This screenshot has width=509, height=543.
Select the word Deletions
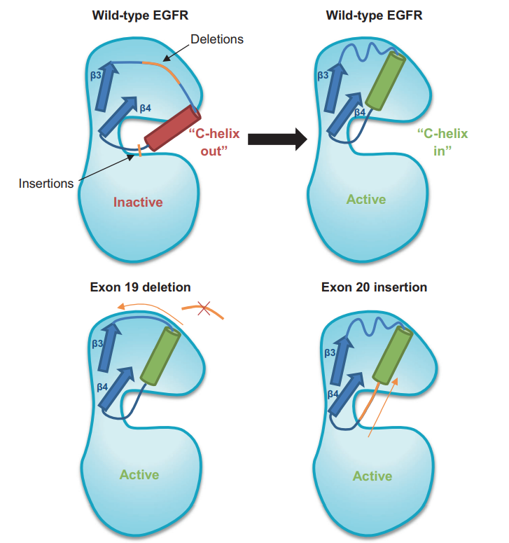tap(216, 39)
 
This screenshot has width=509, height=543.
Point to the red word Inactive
tap(138, 202)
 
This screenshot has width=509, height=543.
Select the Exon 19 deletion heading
tap(140, 287)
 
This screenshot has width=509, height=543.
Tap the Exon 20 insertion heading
tap(374, 287)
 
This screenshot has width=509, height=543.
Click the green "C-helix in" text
tap(442, 142)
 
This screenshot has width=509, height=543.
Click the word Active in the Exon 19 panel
tap(139, 474)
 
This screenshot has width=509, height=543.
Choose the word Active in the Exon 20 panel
tap(372, 476)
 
